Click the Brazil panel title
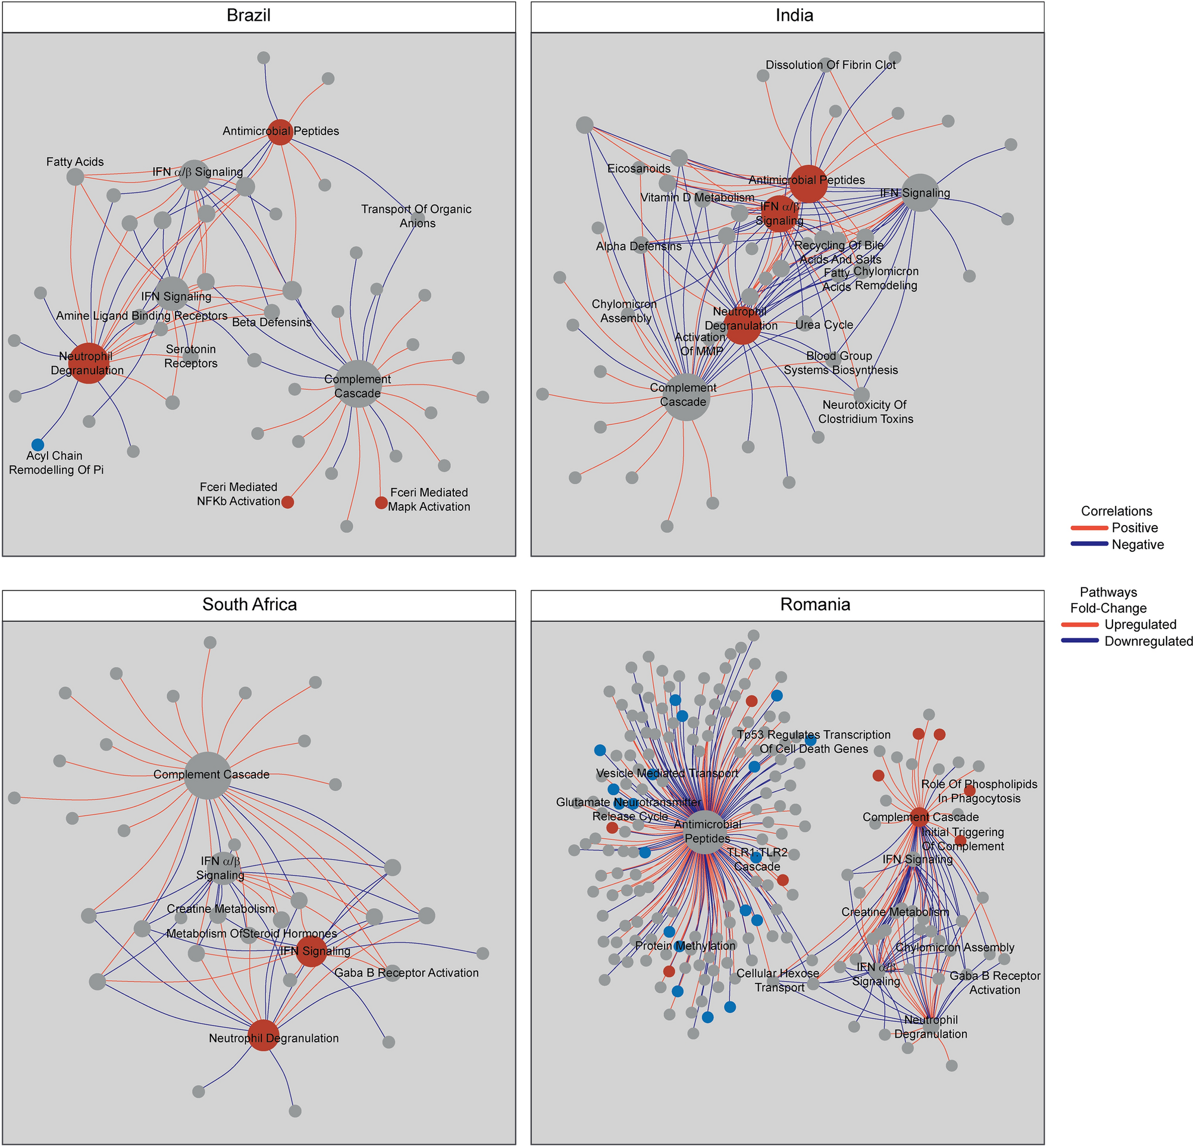(249, 15)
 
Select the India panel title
(794, 15)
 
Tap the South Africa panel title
(250, 604)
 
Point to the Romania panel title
(814, 604)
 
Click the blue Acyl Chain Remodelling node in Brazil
(37, 444)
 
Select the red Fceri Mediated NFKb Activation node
(287, 502)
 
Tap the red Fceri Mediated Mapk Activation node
(381, 502)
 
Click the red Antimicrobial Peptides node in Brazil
(280, 132)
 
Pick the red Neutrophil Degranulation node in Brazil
(89, 364)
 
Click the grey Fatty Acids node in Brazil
(75, 177)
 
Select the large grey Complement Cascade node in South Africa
(208, 774)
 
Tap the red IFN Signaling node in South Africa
(311, 951)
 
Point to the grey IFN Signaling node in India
(920, 193)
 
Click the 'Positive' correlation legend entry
(1135, 528)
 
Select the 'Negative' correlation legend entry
(1137, 544)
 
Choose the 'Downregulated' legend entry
(1148, 641)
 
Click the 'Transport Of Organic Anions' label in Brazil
(416, 215)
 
